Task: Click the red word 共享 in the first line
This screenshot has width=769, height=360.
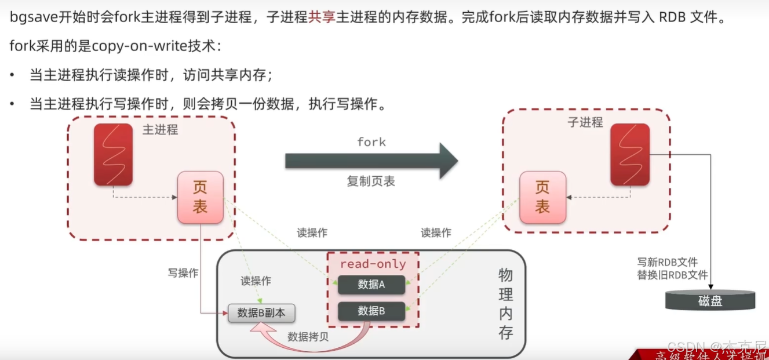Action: (x=320, y=17)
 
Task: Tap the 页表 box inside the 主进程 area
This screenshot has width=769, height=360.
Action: (x=200, y=198)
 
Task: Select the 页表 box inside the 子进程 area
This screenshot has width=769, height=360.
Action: (x=542, y=197)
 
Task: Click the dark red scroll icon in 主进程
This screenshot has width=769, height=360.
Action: (x=113, y=154)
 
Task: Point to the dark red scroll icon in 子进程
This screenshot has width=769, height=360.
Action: (x=629, y=154)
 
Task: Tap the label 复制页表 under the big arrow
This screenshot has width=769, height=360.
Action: (x=371, y=181)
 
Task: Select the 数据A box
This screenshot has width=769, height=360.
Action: (x=371, y=285)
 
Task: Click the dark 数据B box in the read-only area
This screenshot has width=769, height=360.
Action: (x=371, y=311)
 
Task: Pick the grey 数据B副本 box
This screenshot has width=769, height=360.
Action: (x=261, y=313)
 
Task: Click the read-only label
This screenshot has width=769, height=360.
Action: (x=373, y=264)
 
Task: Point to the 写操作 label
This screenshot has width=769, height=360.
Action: (x=183, y=273)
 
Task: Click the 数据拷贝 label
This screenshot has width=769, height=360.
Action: (x=308, y=337)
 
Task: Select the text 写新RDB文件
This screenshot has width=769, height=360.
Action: (x=668, y=262)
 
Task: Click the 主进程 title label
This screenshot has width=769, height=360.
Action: (x=160, y=130)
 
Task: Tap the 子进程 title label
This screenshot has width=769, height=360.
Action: (x=585, y=123)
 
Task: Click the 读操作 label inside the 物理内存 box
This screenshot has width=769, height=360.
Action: (x=256, y=281)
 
